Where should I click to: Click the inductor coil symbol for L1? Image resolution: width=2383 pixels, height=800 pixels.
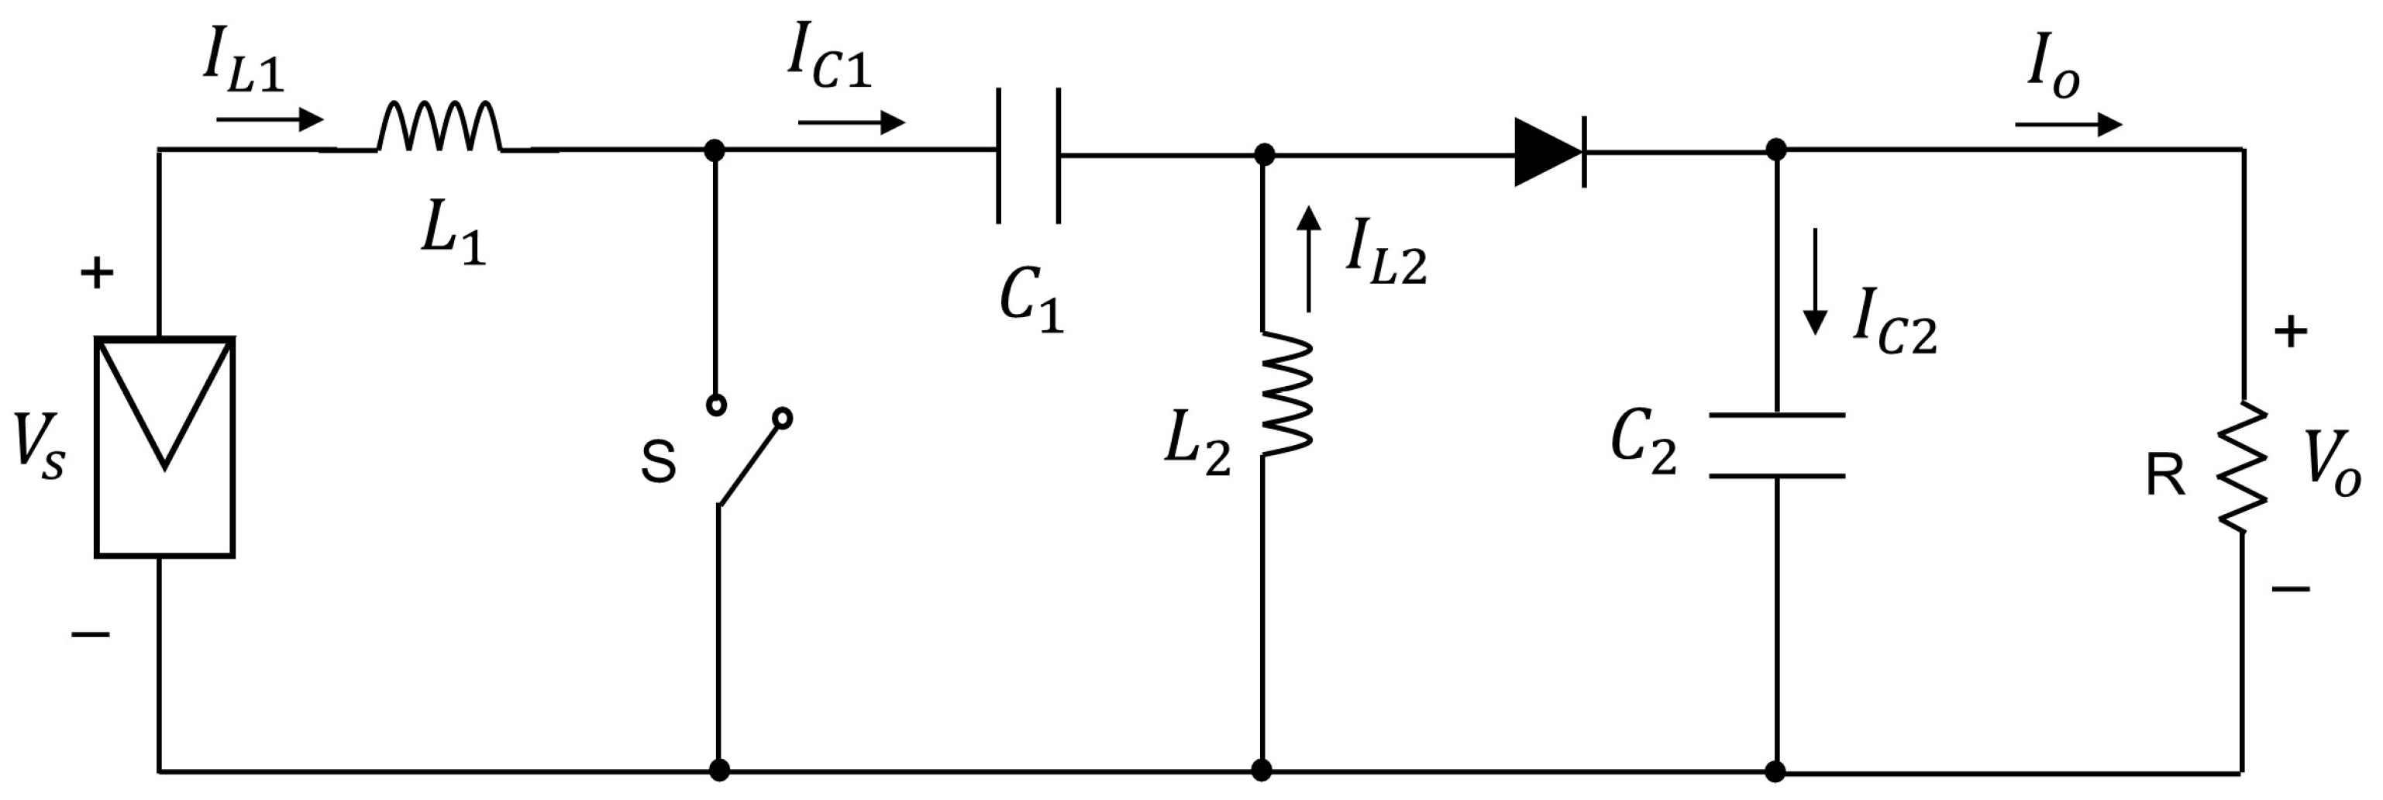[x=440, y=128]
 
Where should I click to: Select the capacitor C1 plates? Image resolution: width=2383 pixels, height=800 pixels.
[x=1028, y=155]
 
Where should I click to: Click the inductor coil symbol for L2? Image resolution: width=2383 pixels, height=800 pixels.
[x=1286, y=393]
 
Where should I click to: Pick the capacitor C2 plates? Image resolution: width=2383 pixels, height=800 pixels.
[x=1776, y=445]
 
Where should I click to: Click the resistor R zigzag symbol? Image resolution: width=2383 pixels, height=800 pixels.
[x=2243, y=467]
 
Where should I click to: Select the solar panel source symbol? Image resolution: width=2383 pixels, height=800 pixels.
[x=164, y=447]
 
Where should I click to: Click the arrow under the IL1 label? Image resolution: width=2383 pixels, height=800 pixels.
[x=270, y=119]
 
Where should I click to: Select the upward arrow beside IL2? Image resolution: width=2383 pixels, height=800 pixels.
[x=1308, y=259]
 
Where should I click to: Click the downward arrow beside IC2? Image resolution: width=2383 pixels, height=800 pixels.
[x=1815, y=282]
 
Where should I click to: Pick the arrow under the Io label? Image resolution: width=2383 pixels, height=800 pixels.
[x=2068, y=124]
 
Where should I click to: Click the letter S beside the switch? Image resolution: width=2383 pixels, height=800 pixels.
[x=658, y=463]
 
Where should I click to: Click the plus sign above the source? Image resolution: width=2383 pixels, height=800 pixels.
[x=96, y=273]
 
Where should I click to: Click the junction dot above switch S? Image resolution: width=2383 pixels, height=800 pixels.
[x=715, y=150]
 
